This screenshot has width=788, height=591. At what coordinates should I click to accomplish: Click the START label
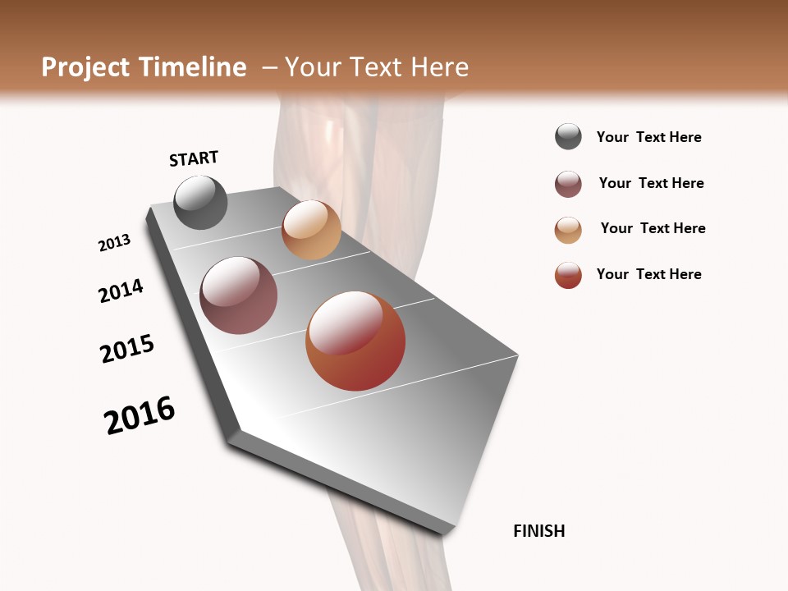point(194,158)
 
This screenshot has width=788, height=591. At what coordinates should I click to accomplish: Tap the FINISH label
point(539,531)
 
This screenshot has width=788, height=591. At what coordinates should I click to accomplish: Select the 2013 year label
point(115,243)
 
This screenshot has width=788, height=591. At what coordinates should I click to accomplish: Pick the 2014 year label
point(121,291)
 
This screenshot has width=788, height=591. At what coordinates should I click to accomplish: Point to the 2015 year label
point(127,349)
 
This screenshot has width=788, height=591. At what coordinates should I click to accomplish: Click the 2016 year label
point(140,415)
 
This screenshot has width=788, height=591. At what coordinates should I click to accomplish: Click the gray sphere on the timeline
point(200,202)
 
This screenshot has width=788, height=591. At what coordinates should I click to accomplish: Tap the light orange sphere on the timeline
point(311,230)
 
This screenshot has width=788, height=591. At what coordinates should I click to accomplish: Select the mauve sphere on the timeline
point(239,295)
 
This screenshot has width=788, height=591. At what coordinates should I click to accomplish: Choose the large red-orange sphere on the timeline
point(355,341)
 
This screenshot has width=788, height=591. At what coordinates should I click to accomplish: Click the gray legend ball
point(568,137)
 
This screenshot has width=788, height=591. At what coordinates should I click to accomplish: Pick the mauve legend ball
point(568,184)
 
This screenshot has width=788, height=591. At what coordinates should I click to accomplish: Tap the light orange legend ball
point(568,230)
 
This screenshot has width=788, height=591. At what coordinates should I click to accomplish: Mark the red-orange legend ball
point(568,275)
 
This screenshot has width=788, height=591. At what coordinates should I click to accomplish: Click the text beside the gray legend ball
point(649,138)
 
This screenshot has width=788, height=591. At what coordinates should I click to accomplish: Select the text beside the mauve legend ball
point(651,183)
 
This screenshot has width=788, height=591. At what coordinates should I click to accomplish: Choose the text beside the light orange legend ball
point(653,228)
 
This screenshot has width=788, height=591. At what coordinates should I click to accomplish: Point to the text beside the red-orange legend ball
point(649,274)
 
